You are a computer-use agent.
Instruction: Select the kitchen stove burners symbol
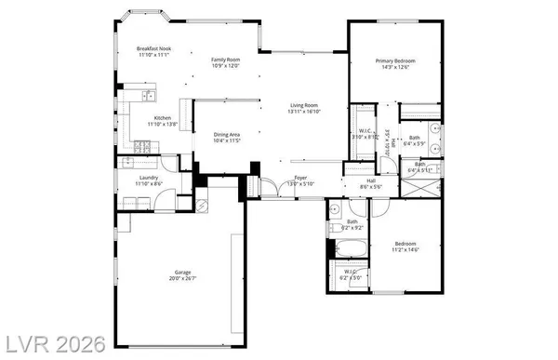click(141, 145)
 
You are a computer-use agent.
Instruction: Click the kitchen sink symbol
click(149, 94)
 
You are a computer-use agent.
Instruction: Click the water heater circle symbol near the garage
click(202, 206)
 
